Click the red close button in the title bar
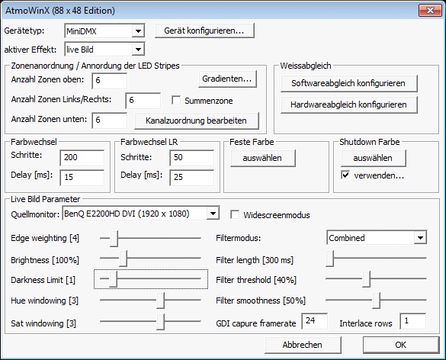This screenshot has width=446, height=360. [x=430, y=11]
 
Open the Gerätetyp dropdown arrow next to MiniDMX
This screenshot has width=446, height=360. [x=138, y=31]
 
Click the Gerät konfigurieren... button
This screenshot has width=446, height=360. [x=204, y=31]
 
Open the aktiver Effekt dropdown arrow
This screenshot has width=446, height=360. [x=138, y=50]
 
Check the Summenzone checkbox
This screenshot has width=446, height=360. [x=176, y=100]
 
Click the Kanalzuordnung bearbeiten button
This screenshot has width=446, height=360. [x=196, y=121]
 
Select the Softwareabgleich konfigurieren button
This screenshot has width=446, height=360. [x=348, y=83]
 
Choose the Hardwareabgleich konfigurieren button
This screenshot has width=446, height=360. [x=348, y=104]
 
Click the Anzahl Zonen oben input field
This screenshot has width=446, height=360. [x=110, y=81]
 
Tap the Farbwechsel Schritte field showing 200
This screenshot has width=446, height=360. [x=82, y=158]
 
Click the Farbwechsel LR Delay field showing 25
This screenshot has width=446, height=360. [x=191, y=177]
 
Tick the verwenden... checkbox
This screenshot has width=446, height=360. [x=345, y=175]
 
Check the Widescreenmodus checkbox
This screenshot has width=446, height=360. [x=235, y=214]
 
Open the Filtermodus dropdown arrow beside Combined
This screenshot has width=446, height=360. [x=420, y=238]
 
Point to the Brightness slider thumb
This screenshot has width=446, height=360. [x=123, y=259]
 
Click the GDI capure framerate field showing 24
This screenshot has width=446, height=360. [x=315, y=321]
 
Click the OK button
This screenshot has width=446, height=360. [x=401, y=345]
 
